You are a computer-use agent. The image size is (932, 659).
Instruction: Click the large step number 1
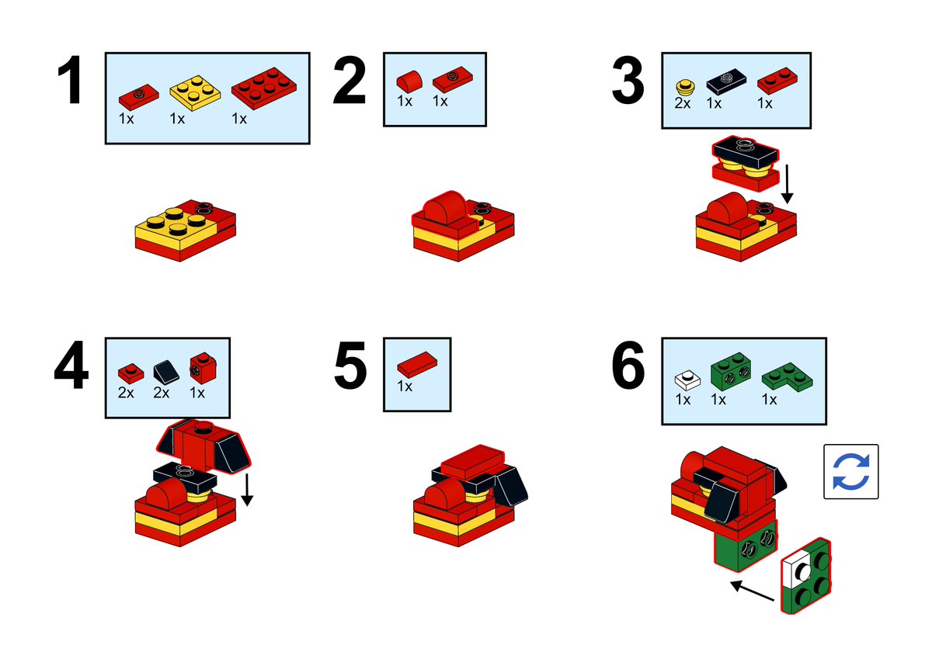(x=69, y=80)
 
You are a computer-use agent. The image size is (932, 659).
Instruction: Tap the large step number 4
(x=71, y=365)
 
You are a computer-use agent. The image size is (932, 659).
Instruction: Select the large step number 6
(x=628, y=365)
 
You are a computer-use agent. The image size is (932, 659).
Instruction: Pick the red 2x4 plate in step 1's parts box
(x=264, y=88)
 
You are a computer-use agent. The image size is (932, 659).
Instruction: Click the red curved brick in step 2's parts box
(x=409, y=81)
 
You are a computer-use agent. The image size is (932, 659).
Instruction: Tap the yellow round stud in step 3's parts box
(x=685, y=86)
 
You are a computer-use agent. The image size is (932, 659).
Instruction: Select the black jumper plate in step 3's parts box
(x=726, y=81)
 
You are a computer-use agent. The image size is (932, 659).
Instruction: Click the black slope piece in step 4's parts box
(x=166, y=371)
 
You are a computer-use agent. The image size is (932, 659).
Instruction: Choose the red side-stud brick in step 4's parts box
(x=203, y=368)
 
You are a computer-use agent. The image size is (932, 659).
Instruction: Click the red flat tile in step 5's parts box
(x=417, y=364)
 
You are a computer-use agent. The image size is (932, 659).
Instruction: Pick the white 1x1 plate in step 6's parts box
(x=687, y=380)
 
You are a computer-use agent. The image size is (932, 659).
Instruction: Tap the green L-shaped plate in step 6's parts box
(x=787, y=376)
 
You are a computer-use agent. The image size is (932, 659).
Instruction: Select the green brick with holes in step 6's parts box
(x=731, y=371)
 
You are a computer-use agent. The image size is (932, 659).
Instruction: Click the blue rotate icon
(x=851, y=471)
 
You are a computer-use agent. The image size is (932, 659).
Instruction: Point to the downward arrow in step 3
(x=787, y=184)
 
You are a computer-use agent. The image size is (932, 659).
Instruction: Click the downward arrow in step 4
(x=247, y=489)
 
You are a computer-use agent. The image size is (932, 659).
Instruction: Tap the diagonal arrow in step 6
(x=753, y=591)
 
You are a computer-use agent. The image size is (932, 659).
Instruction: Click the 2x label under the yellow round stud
(x=683, y=102)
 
